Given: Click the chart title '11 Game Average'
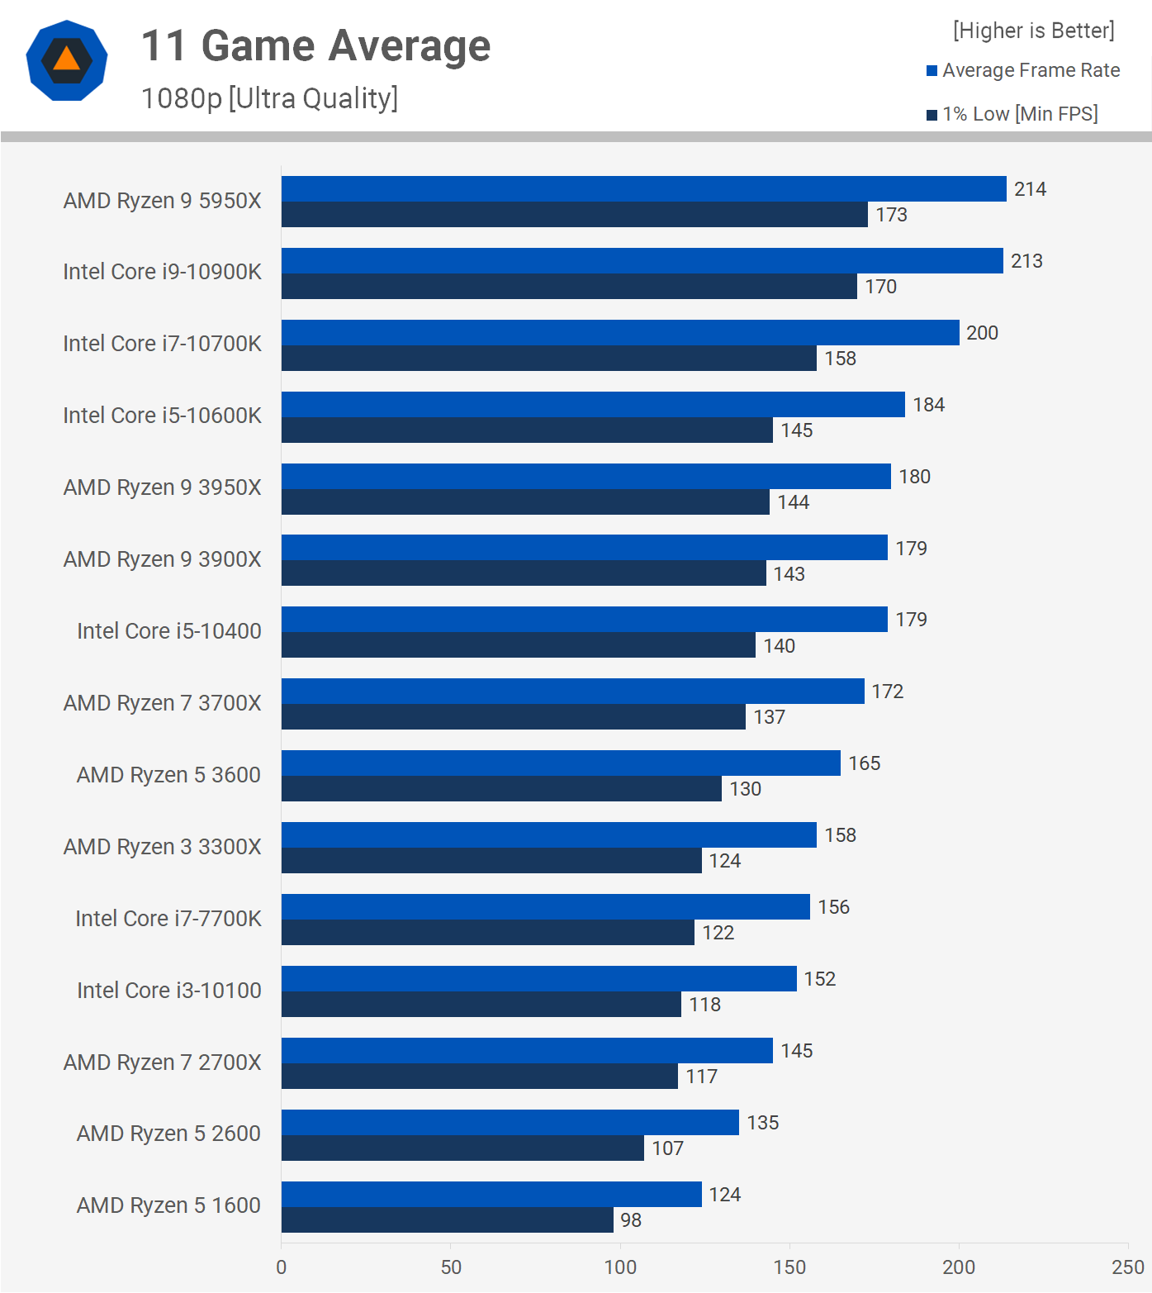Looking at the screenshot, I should click(x=315, y=46).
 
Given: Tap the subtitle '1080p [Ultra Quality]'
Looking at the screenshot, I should click(x=269, y=98).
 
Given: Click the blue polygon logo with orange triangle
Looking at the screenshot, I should click(x=67, y=60).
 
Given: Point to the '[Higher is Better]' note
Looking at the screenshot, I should click(x=1033, y=31).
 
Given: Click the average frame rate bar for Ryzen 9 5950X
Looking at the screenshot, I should click(x=643, y=189).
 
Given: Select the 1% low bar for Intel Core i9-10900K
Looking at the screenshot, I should click(x=569, y=287).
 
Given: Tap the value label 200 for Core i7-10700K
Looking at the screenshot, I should click(x=982, y=333).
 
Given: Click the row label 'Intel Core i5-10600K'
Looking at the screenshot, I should click(x=162, y=416).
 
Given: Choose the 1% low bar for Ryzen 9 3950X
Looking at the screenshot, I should click(x=525, y=502).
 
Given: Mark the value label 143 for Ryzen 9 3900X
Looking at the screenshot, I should click(x=789, y=574).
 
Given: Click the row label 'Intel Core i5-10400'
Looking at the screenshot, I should click(x=168, y=631).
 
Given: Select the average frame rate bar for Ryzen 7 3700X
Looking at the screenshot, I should click(x=572, y=692).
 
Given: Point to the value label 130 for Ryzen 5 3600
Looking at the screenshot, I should click(x=745, y=789).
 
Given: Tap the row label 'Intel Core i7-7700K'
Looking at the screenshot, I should click(x=168, y=919).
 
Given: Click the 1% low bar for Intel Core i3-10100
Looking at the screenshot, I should click(x=481, y=1005).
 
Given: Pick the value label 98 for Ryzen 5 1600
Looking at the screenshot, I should click(x=631, y=1220).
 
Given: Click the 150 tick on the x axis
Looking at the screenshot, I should click(x=789, y=1267).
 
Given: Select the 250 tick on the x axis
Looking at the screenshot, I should click(x=1127, y=1267).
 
